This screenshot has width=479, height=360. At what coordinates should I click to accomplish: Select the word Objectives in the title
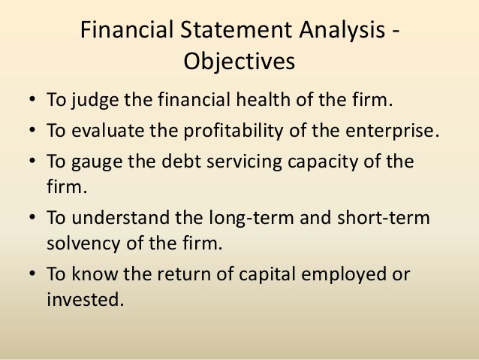[239, 60]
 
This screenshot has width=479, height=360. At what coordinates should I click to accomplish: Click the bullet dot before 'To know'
[34, 276]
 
